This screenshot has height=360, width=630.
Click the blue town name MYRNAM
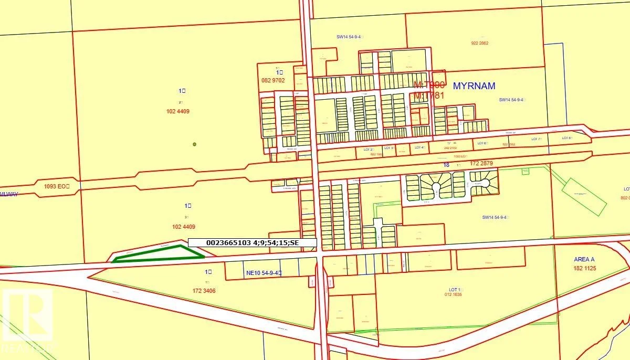pos(474,86)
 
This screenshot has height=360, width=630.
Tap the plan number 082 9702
pos(272,80)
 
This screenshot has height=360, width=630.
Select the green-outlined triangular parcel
pos(157,254)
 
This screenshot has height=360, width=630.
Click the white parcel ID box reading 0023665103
pos(253,242)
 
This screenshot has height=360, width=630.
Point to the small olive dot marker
pos(194,144)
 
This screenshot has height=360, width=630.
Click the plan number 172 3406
pos(204,291)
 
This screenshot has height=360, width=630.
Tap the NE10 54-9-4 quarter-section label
pos(264,273)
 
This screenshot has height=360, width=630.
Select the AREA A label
pos(584,260)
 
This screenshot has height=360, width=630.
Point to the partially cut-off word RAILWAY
pos(9,194)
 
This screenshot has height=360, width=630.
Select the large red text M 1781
pos(429,95)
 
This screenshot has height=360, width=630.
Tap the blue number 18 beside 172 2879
pos(446,165)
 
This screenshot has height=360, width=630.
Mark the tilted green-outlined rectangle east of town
pos(584,197)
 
